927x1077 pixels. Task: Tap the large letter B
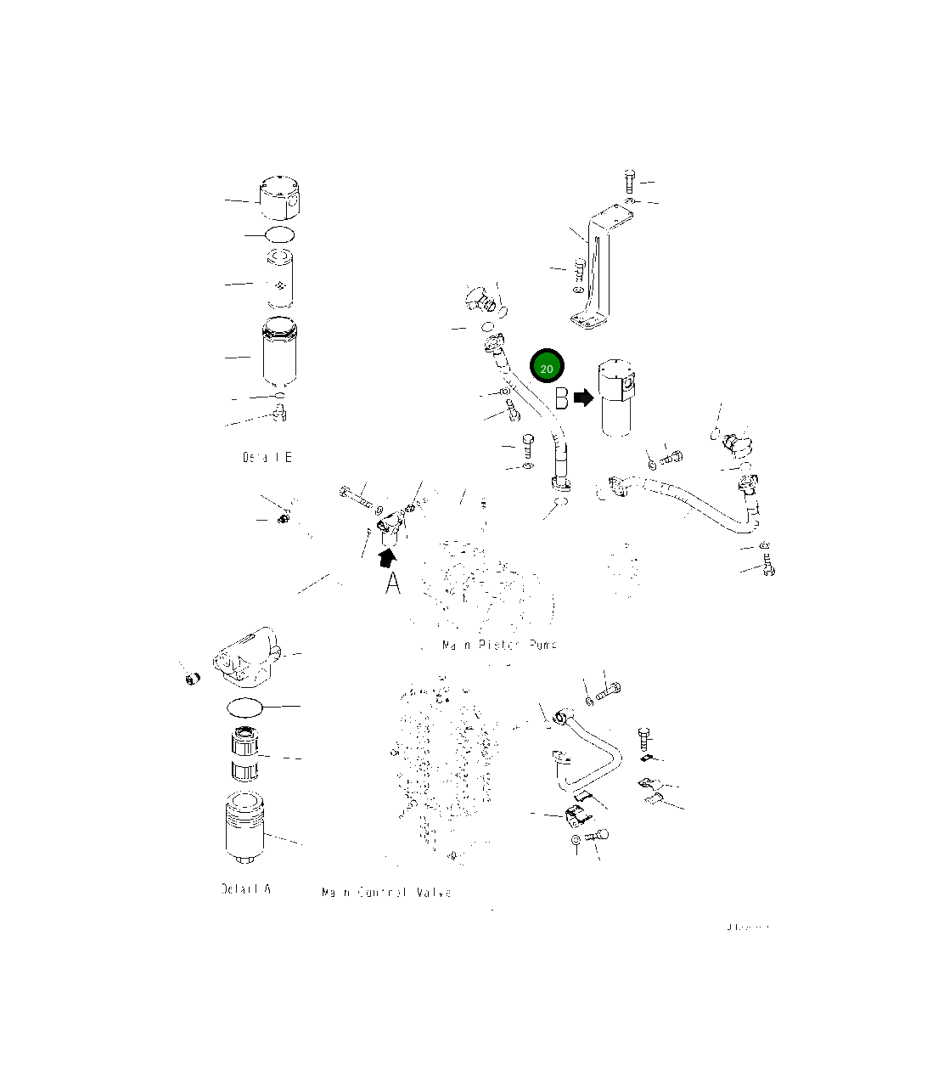tap(562, 398)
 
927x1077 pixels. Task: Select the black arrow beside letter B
tap(584, 398)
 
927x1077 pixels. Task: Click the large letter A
tap(392, 584)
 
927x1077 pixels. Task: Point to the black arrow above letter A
tap(387, 556)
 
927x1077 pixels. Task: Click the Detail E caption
tap(267, 458)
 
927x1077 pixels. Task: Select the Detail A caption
tap(245, 888)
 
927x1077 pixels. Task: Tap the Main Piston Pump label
tap(499, 645)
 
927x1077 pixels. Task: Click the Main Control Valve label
tap(386, 893)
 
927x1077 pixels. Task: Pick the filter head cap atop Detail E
tap(279, 199)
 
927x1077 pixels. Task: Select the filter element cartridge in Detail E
tap(279, 279)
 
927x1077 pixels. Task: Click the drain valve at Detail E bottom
tap(280, 414)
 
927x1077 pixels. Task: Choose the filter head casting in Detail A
tap(245, 657)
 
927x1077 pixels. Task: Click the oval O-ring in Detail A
tap(245, 706)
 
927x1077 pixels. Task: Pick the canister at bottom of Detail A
tap(245, 827)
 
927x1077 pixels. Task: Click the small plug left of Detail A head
tap(192, 678)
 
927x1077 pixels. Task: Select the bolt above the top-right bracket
tap(628, 180)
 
